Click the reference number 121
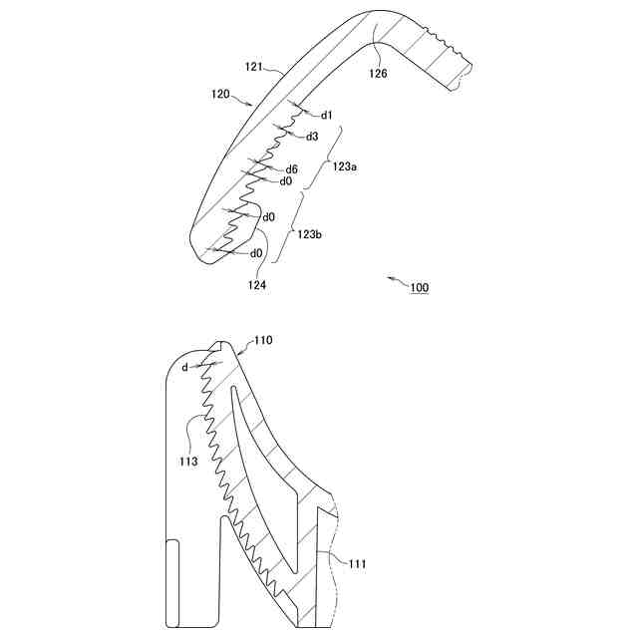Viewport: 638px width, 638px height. (253, 66)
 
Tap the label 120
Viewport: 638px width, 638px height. (220, 96)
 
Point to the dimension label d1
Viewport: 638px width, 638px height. (328, 115)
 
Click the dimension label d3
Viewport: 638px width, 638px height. (312, 137)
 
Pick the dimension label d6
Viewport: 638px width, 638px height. (292, 169)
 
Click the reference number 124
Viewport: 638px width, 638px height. (258, 284)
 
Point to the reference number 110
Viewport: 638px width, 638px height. (262, 341)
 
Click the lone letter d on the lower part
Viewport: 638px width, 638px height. (184, 368)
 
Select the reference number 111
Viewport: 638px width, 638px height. (357, 564)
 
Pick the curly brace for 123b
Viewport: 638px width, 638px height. (288, 230)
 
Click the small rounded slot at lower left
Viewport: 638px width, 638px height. (172, 584)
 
